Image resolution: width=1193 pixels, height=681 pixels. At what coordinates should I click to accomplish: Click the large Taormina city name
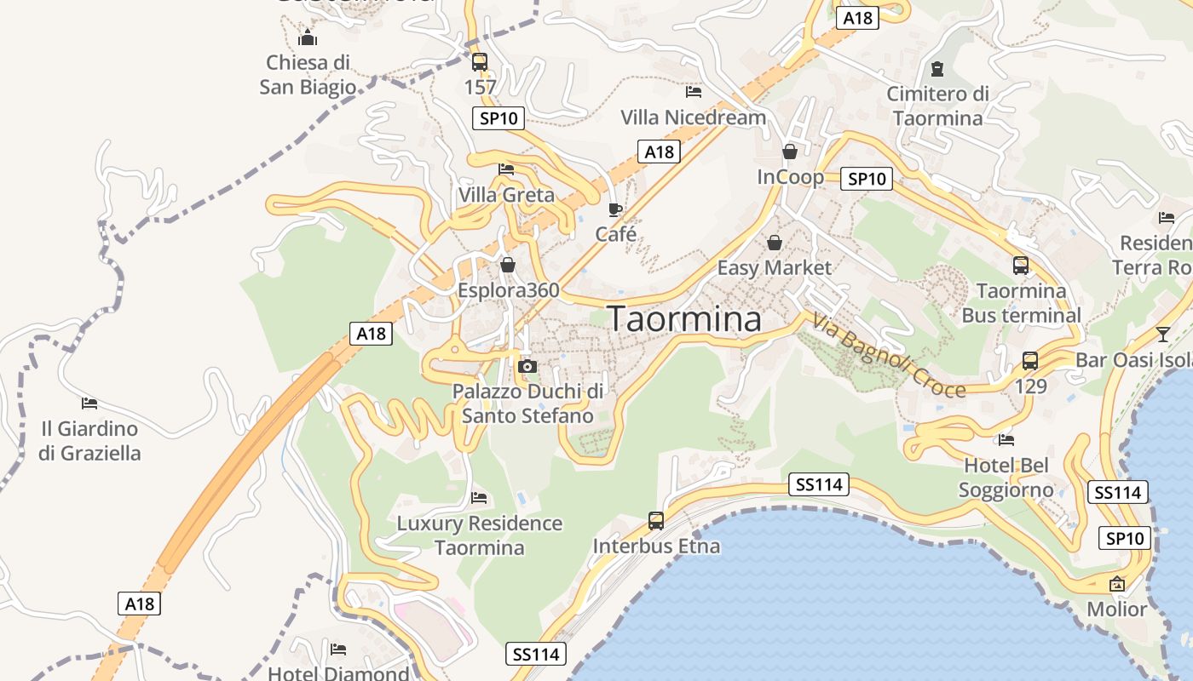685,318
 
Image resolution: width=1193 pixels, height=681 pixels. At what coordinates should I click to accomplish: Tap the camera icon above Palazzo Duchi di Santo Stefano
527,366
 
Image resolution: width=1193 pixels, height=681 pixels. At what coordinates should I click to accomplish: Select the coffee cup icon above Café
615,209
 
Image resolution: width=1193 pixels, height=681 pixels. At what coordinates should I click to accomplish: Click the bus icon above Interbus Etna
656,521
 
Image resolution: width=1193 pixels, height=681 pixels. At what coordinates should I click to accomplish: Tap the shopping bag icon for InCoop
790,152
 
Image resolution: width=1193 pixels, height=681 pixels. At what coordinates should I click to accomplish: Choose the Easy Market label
774,267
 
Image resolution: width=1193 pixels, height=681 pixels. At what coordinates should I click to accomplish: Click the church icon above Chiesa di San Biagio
308,37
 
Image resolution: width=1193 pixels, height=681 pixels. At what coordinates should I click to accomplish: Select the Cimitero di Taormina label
937,106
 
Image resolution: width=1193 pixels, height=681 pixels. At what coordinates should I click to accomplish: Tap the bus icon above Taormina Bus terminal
1021,266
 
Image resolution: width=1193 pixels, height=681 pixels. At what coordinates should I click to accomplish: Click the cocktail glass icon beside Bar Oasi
1163,334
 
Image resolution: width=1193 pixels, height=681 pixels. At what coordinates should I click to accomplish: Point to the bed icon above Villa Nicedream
694,92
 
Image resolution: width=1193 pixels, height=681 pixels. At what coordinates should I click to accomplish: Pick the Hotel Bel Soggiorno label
1006,478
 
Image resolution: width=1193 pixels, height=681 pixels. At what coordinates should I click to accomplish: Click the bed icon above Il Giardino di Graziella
89,403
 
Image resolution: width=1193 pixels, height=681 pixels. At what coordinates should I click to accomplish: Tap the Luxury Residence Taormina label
480,535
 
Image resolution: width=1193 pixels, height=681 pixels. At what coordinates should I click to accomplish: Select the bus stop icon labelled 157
480,62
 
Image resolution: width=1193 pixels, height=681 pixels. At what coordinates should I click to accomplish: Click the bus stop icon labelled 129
1030,361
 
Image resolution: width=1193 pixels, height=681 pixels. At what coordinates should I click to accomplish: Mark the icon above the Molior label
1117,584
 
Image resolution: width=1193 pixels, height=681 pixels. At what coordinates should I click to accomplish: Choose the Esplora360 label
509,290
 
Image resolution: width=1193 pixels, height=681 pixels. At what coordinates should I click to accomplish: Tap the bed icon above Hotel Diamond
338,650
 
